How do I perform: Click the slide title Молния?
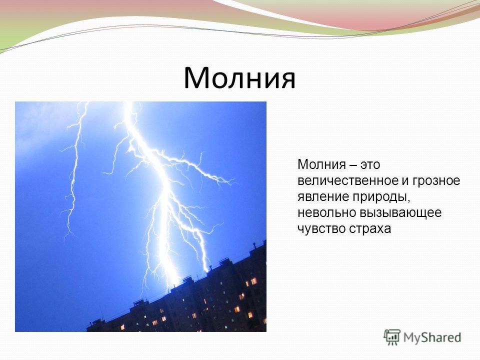pyautogui.click(x=239, y=78)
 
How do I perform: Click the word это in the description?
pyautogui.click(x=370, y=164)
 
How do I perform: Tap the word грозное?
pyautogui.click(x=436, y=181)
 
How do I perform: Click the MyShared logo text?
pyautogui.click(x=432, y=338)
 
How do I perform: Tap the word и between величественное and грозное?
pyautogui.click(x=405, y=181)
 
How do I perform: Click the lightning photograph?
pyautogui.click(x=140, y=216)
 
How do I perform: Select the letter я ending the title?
pyautogui.click(x=288, y=80)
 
